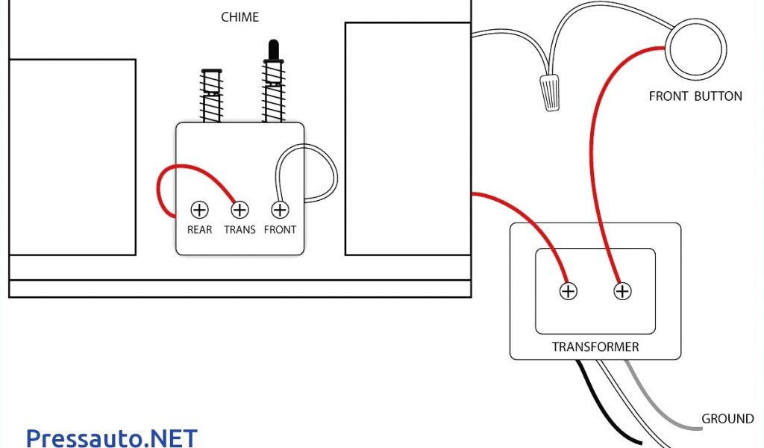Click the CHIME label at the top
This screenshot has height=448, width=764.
[240, 16]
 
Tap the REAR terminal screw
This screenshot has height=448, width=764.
[199, 210]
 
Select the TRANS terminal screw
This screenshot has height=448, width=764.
[239, 210]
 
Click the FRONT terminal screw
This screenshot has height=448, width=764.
[281, 210]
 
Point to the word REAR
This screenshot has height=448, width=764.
[199, 230]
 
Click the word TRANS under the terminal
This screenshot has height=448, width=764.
[239, 230]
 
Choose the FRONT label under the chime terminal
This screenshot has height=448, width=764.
[281, 230]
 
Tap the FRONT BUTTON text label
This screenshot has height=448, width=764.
[695, 96]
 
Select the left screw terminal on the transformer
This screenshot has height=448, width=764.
[569, 291]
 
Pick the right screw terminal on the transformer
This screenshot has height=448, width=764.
[622, 291]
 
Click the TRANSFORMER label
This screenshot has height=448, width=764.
[595, 346]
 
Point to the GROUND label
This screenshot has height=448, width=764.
[727, 419]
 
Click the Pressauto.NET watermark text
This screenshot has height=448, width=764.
[112, 437]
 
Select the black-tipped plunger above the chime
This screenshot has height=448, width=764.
[274, 51]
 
